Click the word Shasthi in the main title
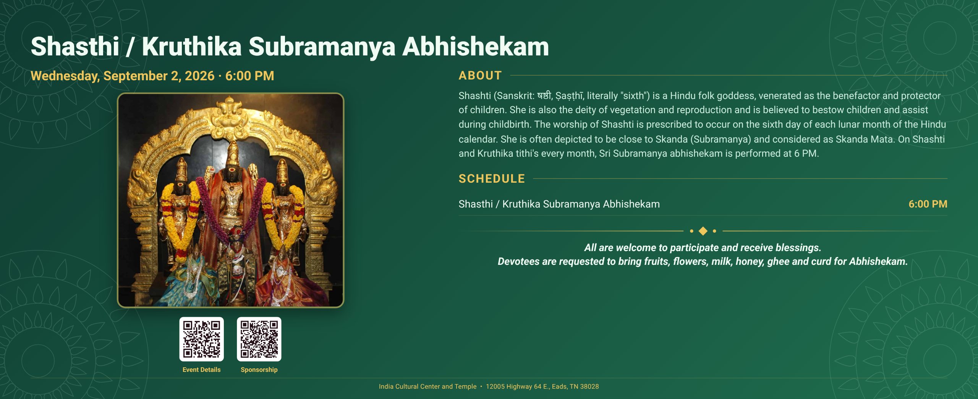75,47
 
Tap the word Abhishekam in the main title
476,47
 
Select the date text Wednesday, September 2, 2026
122,76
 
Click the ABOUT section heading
480,76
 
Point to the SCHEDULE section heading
492,178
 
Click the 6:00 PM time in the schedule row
928,204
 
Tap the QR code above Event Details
202,339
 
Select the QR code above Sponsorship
259,339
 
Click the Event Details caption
201,370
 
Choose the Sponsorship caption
259,370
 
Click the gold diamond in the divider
703,231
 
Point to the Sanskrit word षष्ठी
544,95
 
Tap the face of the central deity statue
232,174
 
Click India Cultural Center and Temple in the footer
427,386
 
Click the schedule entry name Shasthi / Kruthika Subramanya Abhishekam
559,204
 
